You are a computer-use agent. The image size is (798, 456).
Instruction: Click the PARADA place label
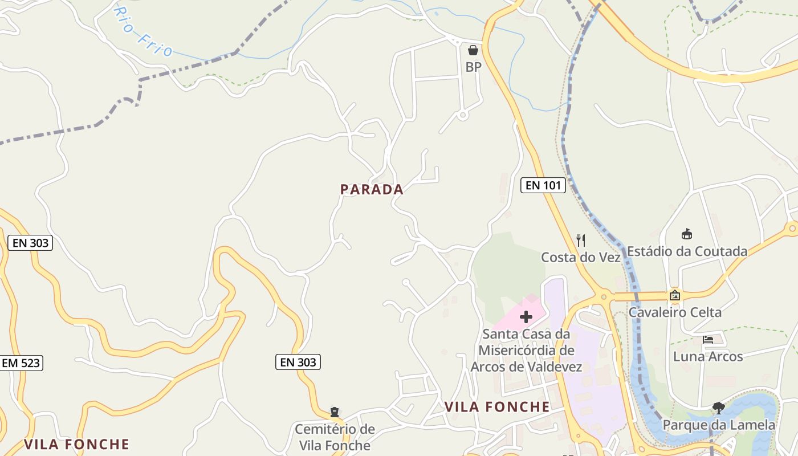point(372,189)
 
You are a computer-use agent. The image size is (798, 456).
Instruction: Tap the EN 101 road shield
point(543,185)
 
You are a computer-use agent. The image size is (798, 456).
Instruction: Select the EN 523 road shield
point(22,363)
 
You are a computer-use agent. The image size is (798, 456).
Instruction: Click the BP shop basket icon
point(473,50)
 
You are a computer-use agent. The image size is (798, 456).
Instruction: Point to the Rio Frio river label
point(142,33)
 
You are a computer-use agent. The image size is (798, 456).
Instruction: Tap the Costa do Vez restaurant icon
point(580,240)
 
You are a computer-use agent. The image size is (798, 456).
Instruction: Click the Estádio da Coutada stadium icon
point(687,234)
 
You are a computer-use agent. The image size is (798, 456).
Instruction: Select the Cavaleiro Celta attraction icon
point(675,295)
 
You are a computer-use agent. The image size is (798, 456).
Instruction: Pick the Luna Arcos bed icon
point(708,339)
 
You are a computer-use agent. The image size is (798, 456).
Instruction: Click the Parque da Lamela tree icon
point(718,408)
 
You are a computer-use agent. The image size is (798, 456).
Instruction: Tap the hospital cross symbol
point(526,317)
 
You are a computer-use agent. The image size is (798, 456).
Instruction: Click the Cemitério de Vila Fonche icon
point(335,412)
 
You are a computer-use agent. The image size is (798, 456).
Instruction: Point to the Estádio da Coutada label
point(687,251)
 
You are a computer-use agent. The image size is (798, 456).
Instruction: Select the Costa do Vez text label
point(580,257)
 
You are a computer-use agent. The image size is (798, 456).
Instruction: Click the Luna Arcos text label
point(708,357)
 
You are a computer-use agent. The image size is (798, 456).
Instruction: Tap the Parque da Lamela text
point(718,425)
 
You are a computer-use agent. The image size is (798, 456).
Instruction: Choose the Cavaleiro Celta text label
point(675,312)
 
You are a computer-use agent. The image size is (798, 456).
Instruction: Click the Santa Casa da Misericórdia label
point(526,350)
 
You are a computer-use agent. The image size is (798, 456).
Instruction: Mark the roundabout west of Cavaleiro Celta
point(603,296)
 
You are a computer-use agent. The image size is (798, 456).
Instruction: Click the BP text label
point(473,67)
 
